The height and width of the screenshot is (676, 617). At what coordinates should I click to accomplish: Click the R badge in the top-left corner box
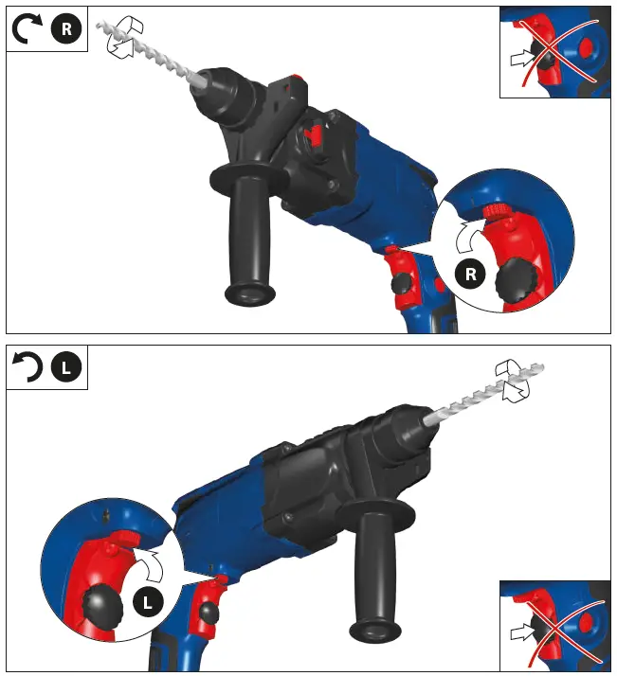(65, 29)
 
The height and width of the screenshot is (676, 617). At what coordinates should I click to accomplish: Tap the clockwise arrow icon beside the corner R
(27, 30)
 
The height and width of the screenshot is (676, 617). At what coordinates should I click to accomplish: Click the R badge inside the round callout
(470, 276)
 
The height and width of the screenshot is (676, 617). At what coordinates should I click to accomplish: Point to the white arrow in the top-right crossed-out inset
(522, 59)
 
